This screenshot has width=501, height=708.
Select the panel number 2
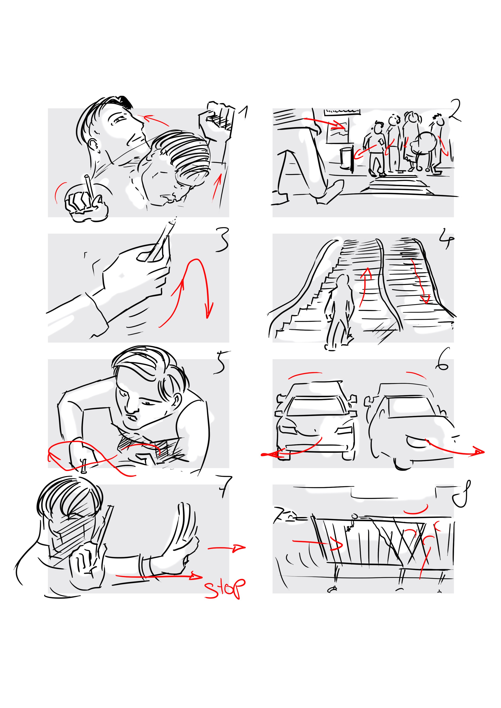pos(455,110)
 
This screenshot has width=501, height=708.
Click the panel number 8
pos(462,494)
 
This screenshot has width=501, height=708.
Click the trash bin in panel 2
pos(347,158)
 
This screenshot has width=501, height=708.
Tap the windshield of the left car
pos(316,404)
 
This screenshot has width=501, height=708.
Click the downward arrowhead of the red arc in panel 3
pos(209,311)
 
